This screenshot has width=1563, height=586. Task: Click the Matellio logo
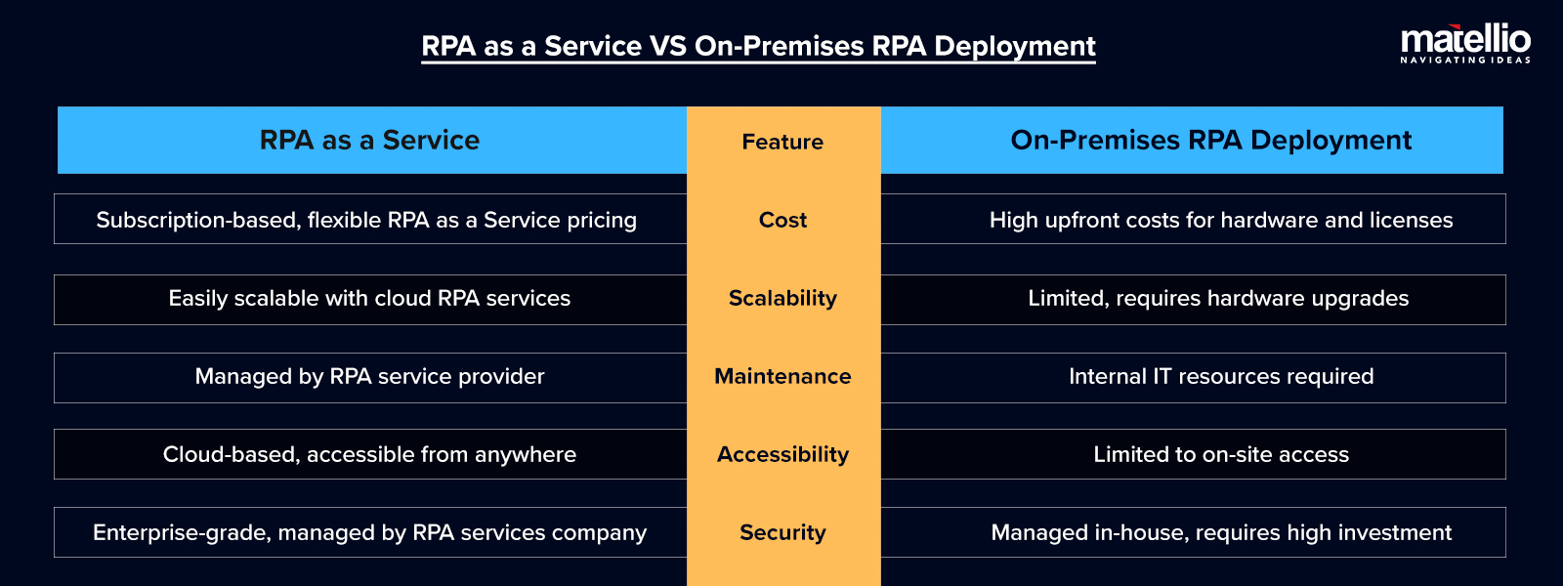[x=1465, y=43]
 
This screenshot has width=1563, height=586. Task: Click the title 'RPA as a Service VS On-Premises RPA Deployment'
[x=758, y=46]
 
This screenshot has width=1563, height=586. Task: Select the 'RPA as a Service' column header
[x=370, y=141]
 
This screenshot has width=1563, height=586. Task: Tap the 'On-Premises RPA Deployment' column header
[x=1210, y=141]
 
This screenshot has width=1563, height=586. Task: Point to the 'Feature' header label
[x=782, y=142]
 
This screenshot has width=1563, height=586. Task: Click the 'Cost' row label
[x=782, y=220]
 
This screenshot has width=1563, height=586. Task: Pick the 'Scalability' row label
[x=782, y=298]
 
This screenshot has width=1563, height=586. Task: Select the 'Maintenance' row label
[x=782, y=376]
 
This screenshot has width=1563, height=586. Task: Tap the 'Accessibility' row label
[x=782, y=454]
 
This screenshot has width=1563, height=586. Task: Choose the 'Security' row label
[x=782, y=532]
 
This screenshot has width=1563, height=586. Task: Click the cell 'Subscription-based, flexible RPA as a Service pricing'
[x=366, y=220]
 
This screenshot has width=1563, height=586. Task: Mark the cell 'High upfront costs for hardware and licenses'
[x=1221, y=220]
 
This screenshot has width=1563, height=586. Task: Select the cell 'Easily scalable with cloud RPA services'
[x=369, y=298]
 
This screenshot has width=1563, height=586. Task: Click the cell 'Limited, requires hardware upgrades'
[x=1218, y=298]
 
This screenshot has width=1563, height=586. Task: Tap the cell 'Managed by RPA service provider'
[x=369, y=376]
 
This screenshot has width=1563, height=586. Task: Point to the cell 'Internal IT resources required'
[x=1221, y=376]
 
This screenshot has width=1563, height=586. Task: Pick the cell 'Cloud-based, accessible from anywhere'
[x=369, y=454]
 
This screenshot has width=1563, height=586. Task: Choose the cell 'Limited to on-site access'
[x=1221, y=454]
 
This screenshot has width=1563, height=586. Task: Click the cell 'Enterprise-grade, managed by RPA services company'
[x=369, y=532]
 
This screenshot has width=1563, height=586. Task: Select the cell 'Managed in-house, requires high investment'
[x=1221, y=532]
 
